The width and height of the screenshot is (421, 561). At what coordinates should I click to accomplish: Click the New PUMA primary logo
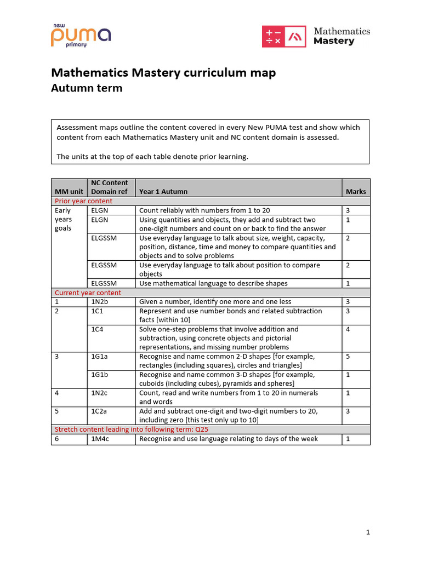tap(81, 36)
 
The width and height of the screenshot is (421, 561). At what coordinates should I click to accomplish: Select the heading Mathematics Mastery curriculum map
tap(163, 73)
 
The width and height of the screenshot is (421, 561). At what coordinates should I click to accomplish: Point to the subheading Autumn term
tap(87, 88)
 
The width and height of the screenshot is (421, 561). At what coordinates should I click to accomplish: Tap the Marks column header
tap(356, 191)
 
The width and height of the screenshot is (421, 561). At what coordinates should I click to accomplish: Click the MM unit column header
tap(69, 191)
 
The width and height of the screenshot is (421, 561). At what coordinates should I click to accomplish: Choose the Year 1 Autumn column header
tap(163, 191)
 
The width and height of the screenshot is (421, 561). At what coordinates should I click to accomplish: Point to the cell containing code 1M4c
tap(100, 439)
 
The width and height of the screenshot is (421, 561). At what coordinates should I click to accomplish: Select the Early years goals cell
tap(64, 219)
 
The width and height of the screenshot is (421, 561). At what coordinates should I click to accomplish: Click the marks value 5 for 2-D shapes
tap(348, 357)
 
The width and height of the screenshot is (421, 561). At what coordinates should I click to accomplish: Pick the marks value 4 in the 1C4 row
tap(348, 329)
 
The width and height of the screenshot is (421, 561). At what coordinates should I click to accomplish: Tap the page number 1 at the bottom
tap(368, 532)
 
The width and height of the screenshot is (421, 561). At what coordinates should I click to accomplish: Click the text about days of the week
tap(229, 439)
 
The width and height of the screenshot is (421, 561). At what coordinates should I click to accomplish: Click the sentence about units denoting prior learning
tap(152, 157)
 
